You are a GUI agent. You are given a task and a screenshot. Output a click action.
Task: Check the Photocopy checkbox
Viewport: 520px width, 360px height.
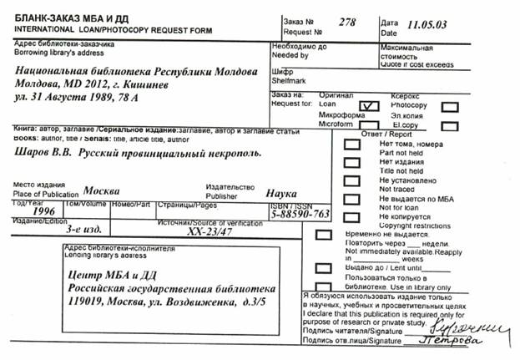point(449,106)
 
